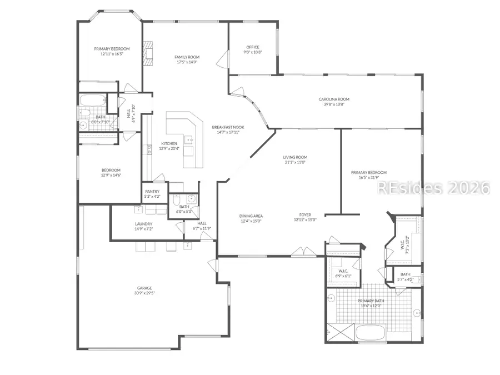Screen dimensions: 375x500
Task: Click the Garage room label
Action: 144,288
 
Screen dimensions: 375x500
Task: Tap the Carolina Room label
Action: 334,99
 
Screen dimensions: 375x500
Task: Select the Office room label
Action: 253,47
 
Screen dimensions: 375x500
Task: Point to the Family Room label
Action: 187,57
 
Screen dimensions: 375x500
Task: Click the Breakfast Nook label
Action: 228,127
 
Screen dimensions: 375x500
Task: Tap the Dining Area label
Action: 251,216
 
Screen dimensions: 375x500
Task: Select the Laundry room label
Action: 143,224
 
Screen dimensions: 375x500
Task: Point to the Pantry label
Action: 152,192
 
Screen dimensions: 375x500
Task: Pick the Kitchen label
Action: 169,143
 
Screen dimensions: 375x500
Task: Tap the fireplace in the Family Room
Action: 148,53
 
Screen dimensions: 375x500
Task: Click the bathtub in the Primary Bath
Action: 373,334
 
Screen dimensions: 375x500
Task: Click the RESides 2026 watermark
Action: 433,188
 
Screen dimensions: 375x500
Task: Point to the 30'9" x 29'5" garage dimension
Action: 144,293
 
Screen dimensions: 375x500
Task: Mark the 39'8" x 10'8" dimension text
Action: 334,104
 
